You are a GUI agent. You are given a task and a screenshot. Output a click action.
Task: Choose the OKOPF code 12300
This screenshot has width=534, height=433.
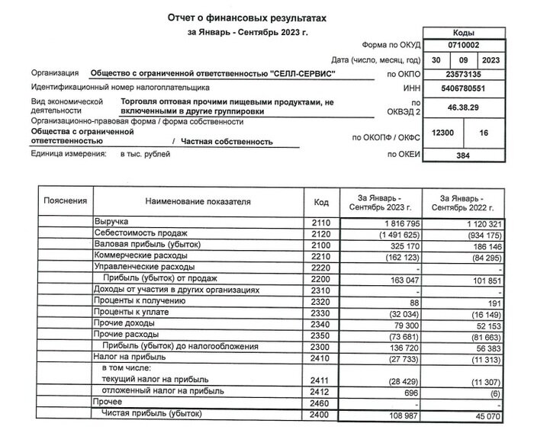443,133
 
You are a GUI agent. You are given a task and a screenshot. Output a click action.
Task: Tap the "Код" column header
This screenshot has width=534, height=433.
321,202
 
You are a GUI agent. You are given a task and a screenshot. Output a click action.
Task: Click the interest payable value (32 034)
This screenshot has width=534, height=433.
394,313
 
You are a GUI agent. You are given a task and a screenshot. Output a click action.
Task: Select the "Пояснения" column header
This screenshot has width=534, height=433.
66,202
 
